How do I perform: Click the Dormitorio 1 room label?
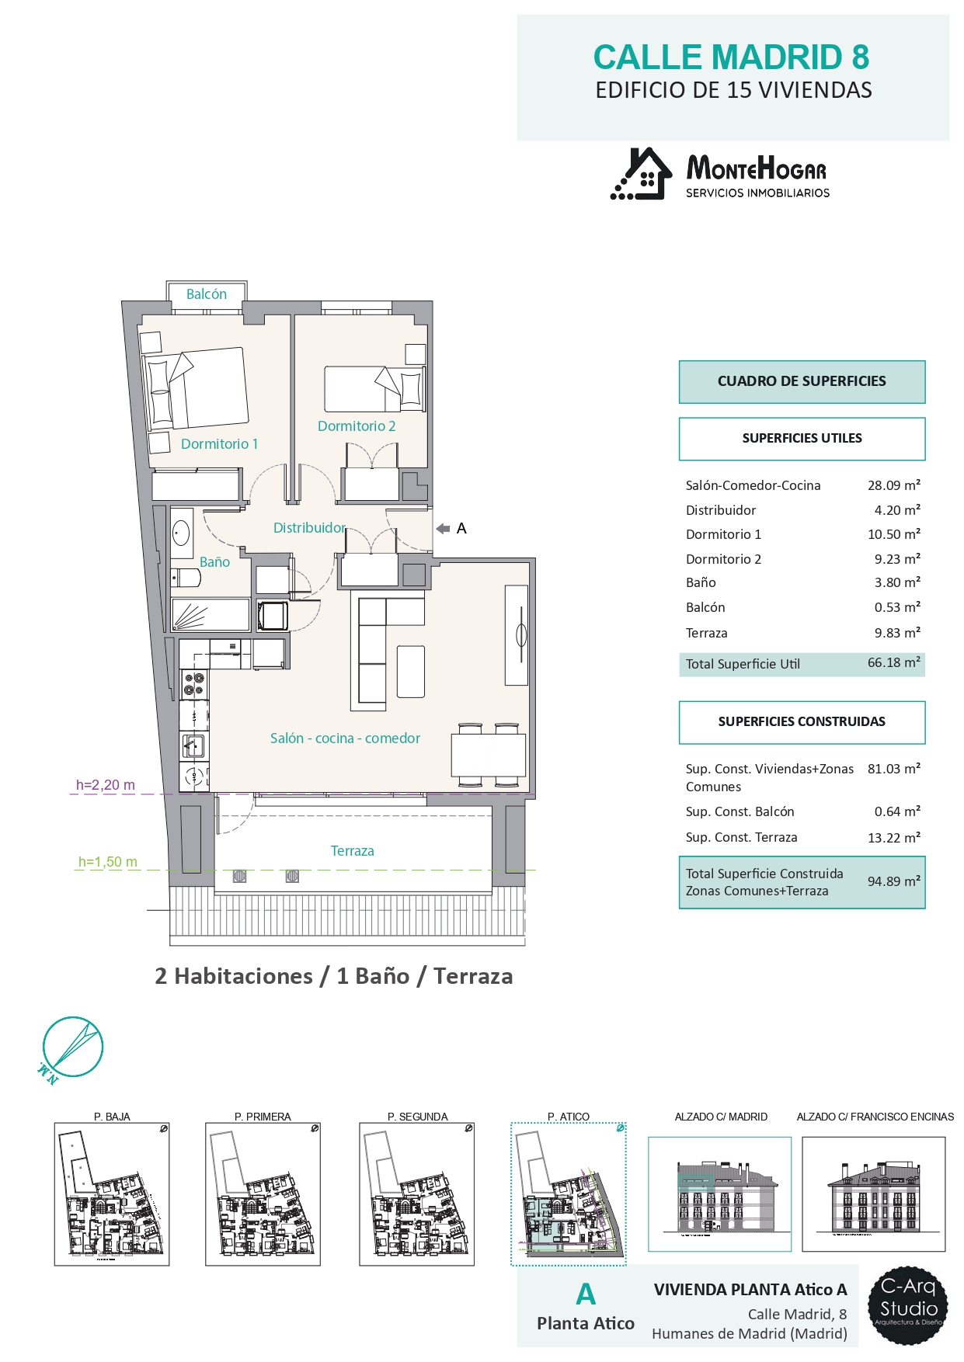219,444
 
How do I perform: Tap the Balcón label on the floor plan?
207,294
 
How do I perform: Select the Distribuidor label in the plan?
309,528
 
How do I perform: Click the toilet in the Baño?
185,578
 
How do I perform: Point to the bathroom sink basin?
181,533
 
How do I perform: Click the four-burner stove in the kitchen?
193,684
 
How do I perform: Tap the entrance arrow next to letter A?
443,529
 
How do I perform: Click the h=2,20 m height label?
106,785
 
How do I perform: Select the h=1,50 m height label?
108,862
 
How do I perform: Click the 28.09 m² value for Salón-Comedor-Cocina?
894,485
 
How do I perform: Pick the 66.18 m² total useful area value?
894,663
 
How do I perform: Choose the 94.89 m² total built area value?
894,881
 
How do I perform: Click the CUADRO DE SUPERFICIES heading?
802,381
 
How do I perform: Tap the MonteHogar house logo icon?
641,174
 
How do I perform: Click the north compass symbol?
72,1048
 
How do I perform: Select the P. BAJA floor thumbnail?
112,1194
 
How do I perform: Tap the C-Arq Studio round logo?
908,1306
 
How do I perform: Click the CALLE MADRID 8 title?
731,57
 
